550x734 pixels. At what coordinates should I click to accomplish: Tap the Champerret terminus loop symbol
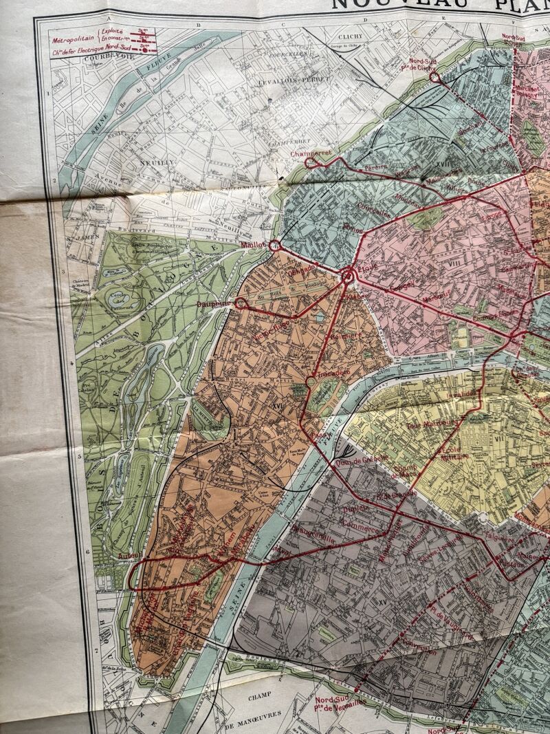(x=311, y=162)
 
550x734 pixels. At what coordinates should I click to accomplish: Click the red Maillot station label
(x=253, y=244)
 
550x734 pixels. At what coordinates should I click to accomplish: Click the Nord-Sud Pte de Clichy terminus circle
(x=434, y=78)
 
